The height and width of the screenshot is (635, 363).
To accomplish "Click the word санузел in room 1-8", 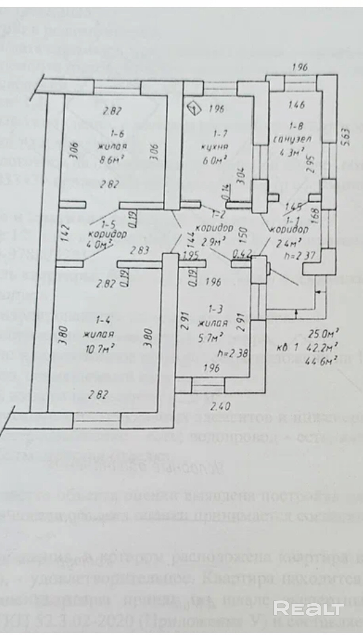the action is point(293,139).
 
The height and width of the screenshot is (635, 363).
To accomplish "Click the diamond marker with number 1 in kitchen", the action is point(193,108).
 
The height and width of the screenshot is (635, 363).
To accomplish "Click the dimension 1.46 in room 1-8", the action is point(296,105).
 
